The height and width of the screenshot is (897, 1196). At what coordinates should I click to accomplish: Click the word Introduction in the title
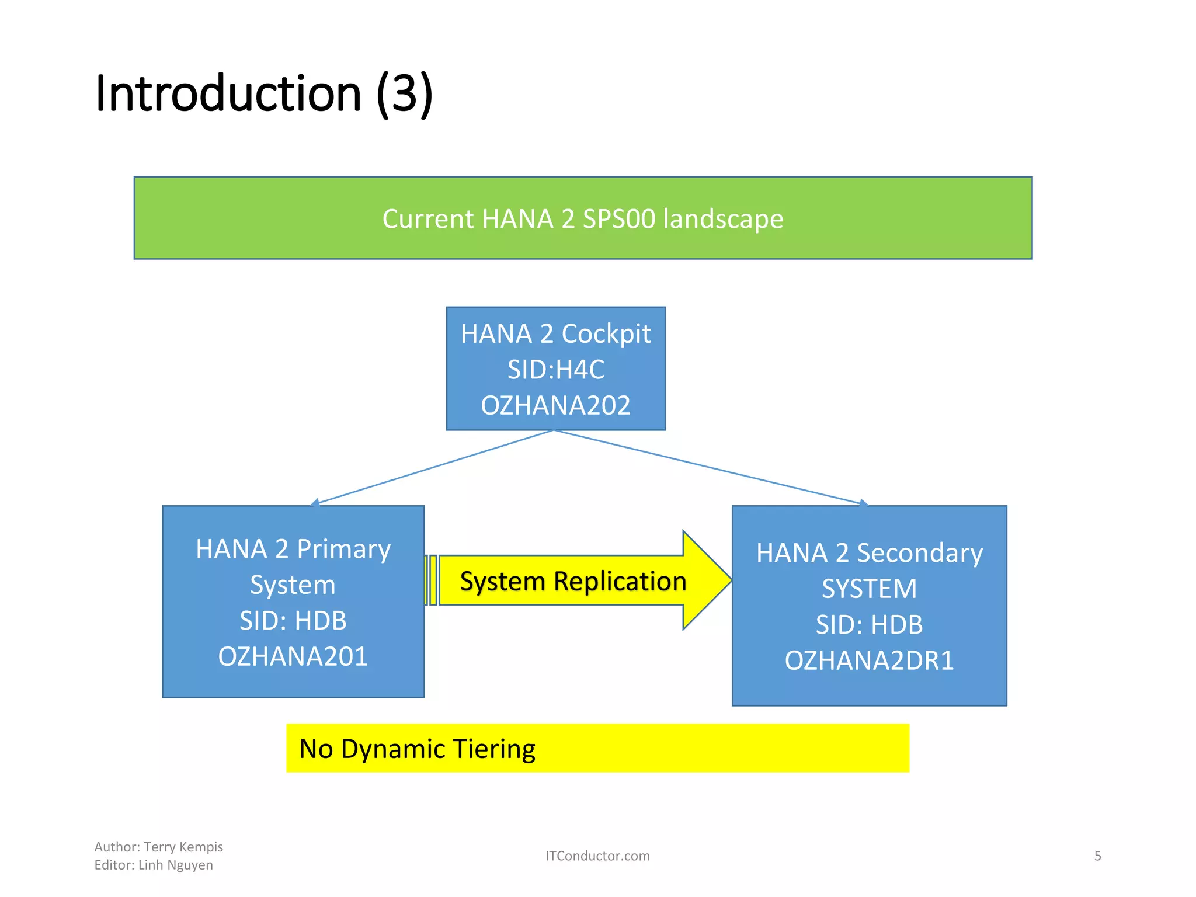coord(228,93)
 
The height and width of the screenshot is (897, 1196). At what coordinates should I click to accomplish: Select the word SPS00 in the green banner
coord(619,219)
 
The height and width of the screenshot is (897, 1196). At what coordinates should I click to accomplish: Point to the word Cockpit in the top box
coord(606,334)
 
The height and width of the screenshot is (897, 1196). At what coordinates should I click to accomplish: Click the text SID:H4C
coord(555,370)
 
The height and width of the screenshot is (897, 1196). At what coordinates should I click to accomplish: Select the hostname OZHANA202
coord(555,405)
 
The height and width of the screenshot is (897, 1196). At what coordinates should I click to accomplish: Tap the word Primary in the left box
coord(343,550)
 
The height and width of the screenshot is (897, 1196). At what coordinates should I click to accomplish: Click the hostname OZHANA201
coord(293,656)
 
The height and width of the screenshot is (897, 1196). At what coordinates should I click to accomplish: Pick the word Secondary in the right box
coord(919,553)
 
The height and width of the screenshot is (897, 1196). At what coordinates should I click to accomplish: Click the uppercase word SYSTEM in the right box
coord(869,589)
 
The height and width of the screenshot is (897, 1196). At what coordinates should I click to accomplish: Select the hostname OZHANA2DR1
coord(869,660)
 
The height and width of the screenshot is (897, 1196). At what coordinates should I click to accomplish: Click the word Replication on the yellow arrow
coord(620,582)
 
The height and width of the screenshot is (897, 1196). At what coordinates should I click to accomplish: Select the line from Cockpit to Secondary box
coord(710,467)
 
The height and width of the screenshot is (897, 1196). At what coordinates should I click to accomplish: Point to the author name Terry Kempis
coord(183,847)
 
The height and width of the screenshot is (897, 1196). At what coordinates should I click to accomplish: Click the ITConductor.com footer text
coord(597,856)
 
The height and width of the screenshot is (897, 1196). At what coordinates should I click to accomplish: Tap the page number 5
coord(1097,856)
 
